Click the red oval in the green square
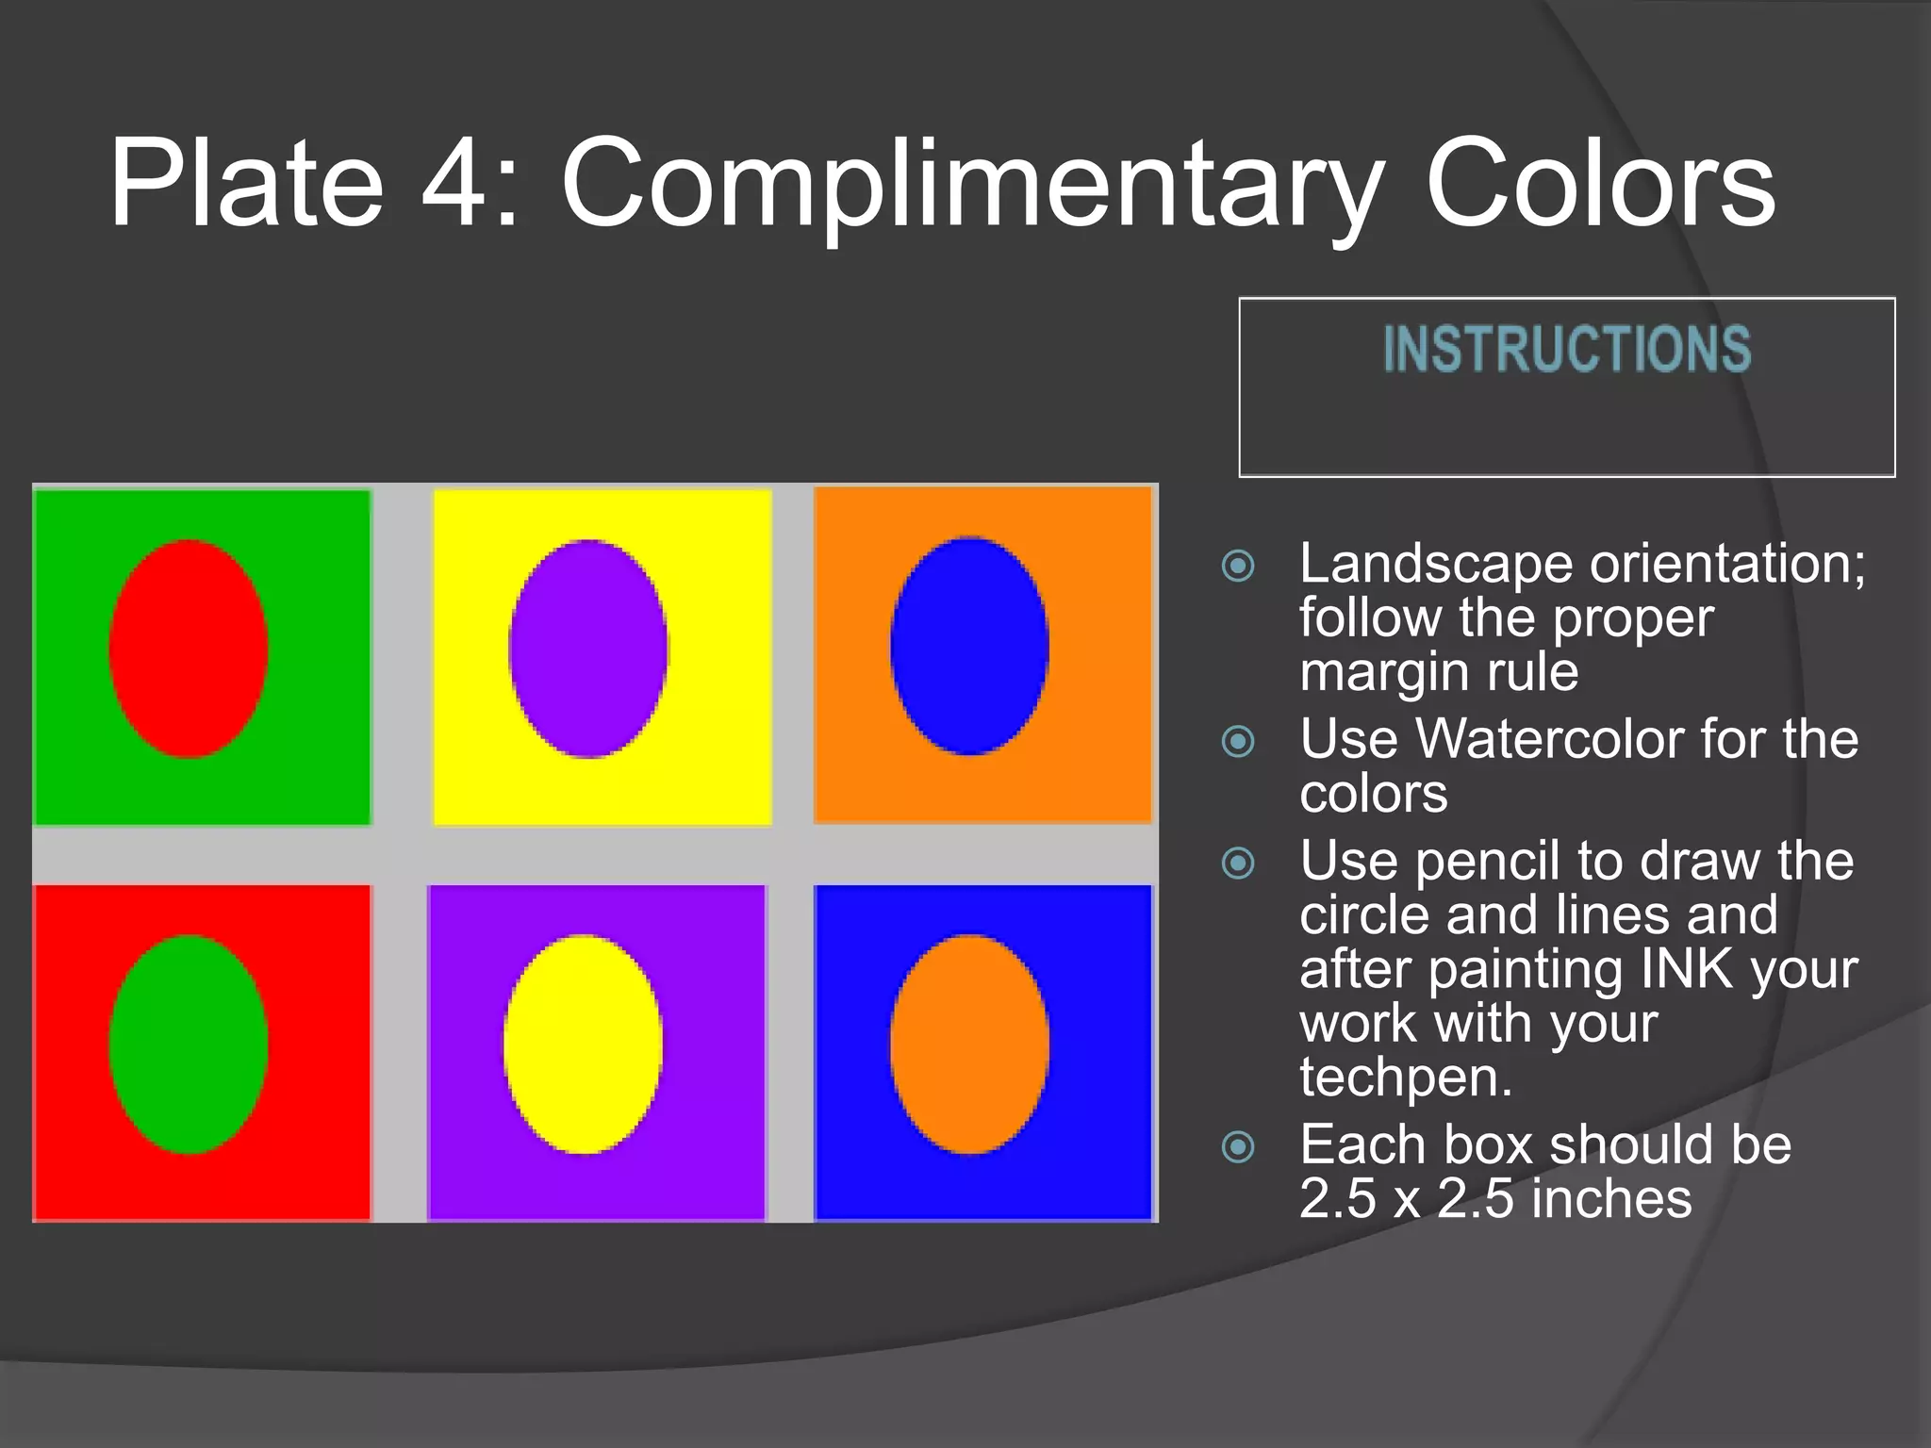(x=189, y=649)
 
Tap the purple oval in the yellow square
(x=588, y=649)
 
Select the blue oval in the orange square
(x=969, y=646)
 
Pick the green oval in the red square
(x=189, y=1045)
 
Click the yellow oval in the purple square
(x=583, y=1044)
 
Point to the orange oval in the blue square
(x=969, y=1044)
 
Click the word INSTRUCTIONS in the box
(x=1566, y=349)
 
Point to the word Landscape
(x=1436, y=564)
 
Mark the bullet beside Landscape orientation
(x=1238, y=566)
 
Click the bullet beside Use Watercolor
(x=1238, y=741)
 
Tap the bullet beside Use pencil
(x=1238, y=863)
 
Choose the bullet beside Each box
(x=1238, y=1146)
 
